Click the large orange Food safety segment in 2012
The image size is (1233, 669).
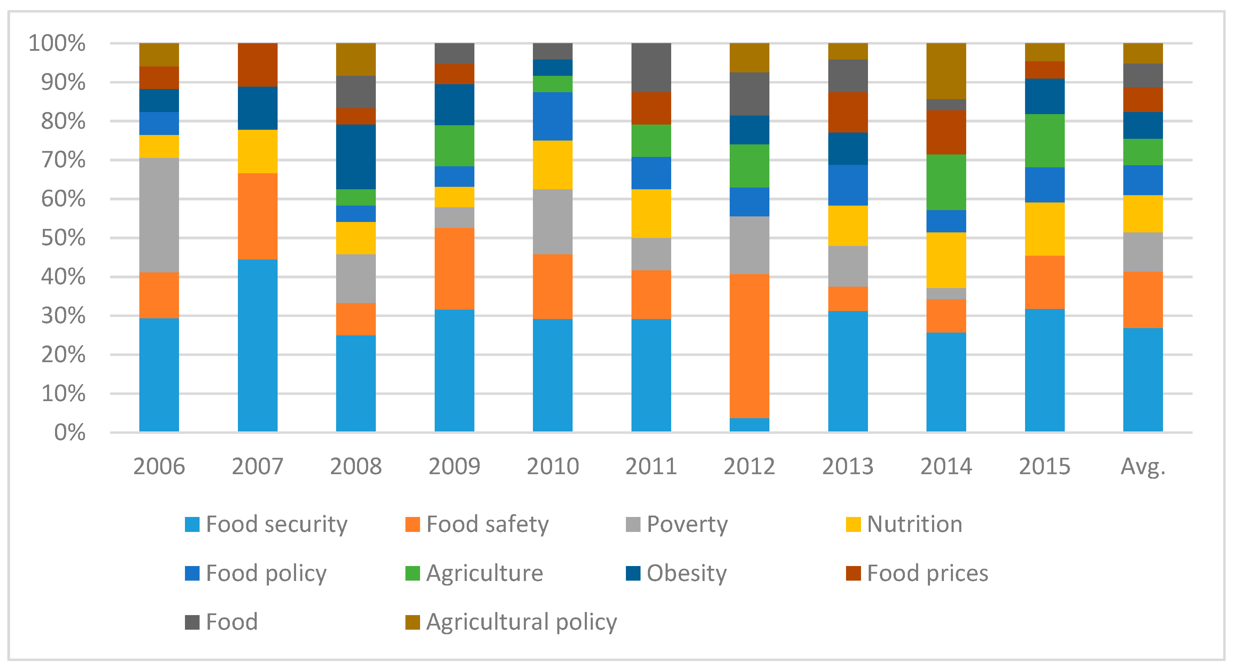click(749, 346)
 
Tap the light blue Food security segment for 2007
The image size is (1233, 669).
click(257, 345)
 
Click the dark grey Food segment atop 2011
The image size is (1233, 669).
click(651, 67)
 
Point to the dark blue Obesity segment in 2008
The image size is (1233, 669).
click(356, 157)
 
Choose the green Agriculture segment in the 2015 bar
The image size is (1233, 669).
click(1045, 141)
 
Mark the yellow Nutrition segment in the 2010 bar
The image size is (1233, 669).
click(552, 165)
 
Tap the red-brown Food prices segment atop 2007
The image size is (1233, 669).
click(257, 65)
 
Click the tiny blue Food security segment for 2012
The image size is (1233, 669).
click(749, 425)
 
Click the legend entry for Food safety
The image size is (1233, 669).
click(487, 524)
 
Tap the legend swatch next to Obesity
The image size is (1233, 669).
click(633, 573)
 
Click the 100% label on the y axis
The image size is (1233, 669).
click(57, 43)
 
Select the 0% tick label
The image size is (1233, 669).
click(70, 432)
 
